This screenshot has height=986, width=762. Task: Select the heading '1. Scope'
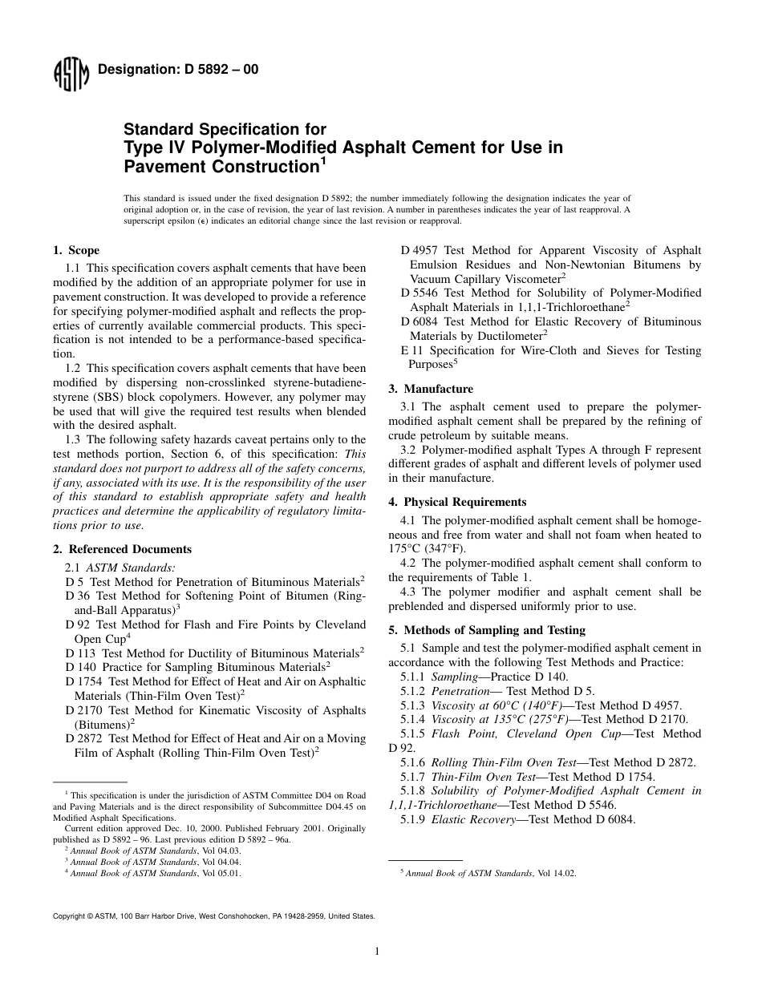[x=76, y=251]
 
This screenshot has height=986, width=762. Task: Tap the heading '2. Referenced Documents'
[x=122, y=549]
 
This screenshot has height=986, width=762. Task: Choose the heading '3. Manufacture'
[x=431, y=389]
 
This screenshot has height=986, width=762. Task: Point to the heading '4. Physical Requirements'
[x=457, y=502]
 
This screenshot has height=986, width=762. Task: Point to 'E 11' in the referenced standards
[x=411, y=350]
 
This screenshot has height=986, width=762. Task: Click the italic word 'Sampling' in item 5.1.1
[x=454, y=677]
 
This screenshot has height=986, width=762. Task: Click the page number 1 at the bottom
[x=376, y=952]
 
